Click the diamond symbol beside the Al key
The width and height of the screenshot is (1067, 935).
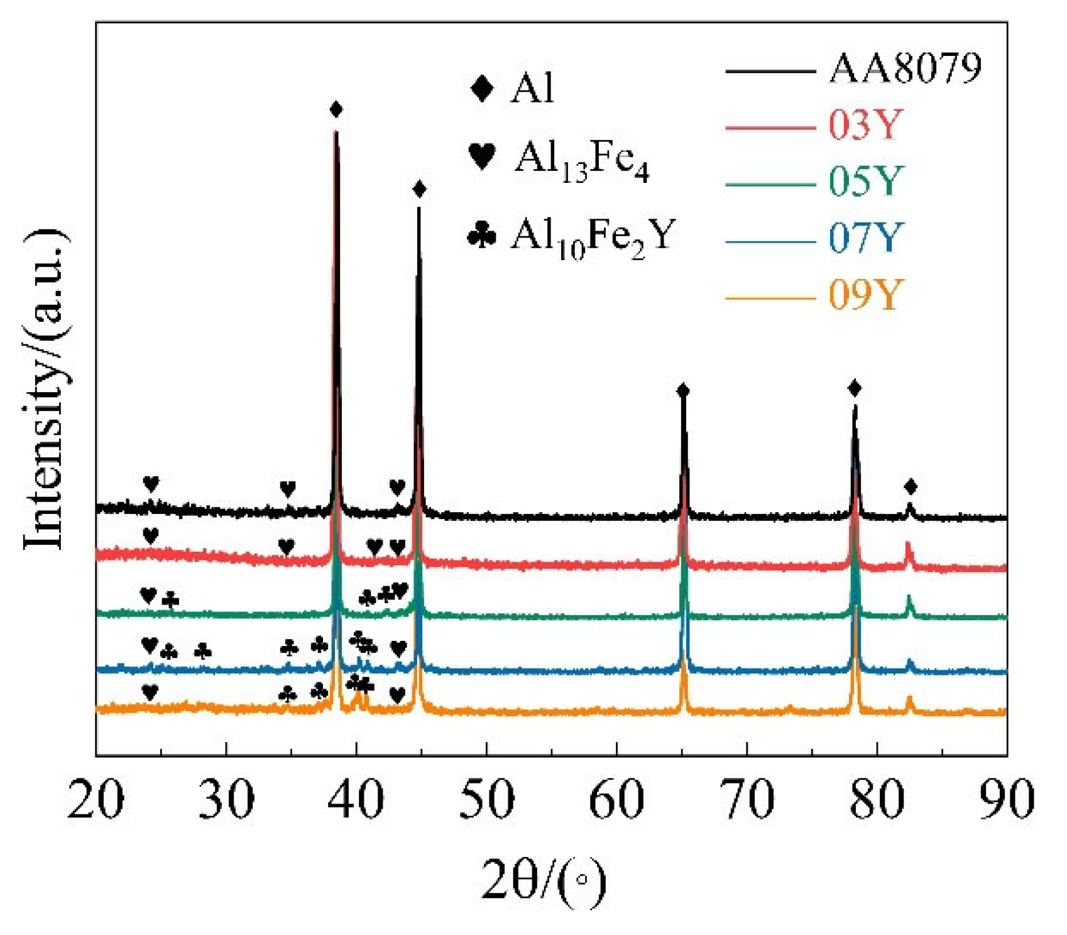point(482,88)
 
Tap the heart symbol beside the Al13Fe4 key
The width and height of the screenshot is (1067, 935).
point(482,156)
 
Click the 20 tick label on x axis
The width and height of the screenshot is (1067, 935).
point(96,800)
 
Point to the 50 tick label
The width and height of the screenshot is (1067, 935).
point(487,800)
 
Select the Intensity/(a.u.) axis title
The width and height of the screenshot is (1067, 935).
point(45,390)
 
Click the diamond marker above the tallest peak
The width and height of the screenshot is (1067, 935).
point(336,110)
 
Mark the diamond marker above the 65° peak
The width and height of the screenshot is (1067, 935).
point(684,391)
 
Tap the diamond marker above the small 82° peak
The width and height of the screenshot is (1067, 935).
point(911,486)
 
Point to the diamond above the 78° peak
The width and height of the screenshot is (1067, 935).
point(854,388)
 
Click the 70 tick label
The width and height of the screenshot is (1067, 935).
point(747,800)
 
